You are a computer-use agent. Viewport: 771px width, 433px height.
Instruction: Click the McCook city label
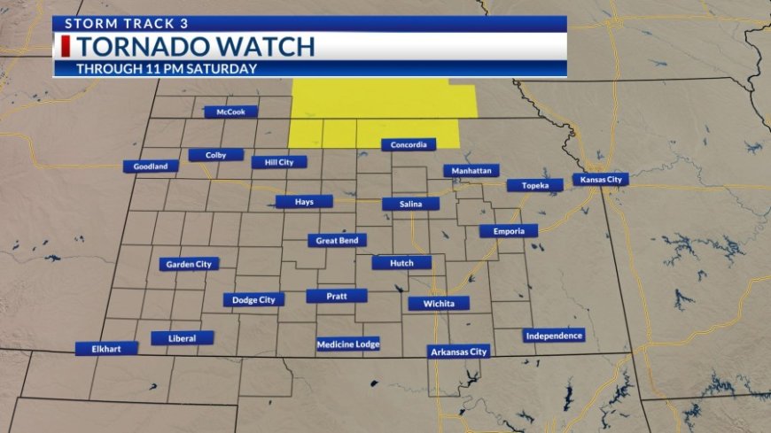[230, 112]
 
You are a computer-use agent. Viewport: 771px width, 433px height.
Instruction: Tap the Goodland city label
[151, 166]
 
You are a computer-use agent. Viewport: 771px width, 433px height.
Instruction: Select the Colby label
[215, 155]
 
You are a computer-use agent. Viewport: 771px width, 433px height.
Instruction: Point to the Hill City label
[279, 162]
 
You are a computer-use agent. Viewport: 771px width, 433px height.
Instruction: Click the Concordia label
[409, 144]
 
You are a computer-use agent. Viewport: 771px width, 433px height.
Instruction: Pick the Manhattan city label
[471, 170]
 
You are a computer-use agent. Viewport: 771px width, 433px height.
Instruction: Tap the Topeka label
[534, 186]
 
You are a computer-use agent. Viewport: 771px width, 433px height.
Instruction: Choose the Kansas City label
[600, 180]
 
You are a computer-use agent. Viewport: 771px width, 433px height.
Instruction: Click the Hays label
[304, 202]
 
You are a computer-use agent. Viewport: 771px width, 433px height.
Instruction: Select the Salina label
[410, 205]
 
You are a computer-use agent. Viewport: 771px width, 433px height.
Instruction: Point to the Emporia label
[509, 231]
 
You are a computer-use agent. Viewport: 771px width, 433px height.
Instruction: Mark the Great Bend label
[337, 240]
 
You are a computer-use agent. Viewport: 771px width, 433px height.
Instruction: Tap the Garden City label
[189, 264]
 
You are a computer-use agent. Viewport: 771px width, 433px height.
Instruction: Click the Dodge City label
[253, 300]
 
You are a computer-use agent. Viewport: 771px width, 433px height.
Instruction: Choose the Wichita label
[439, 304]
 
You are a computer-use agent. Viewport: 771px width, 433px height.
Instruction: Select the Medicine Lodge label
[348, 344]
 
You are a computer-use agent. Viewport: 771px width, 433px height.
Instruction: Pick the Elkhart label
[106, 349]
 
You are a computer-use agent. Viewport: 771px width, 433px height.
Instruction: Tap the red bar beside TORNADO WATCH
[66, 46]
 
